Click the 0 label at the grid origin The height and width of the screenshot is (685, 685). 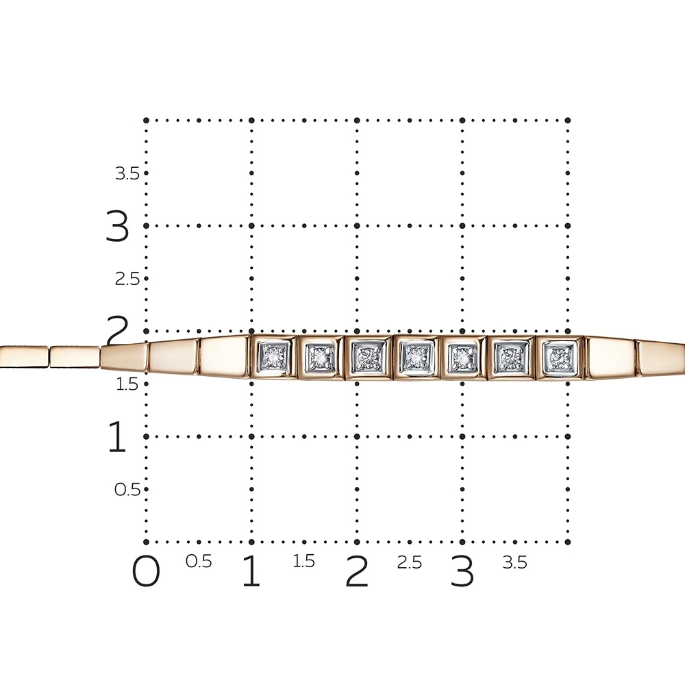coord(146,571)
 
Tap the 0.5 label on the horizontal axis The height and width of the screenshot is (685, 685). coord(199,562)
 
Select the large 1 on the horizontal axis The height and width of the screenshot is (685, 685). coord(251,571)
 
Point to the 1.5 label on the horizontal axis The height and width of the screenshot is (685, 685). coord(303,562)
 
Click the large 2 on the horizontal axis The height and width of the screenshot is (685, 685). coord(357,571)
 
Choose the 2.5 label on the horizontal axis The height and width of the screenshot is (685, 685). coord(410,562)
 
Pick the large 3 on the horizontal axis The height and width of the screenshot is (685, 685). coord(462,571)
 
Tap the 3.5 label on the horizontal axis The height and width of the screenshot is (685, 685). coord(514,562)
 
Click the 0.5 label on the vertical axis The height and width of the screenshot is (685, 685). coord(127,490)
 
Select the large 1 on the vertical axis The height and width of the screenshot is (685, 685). coord(117,436)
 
